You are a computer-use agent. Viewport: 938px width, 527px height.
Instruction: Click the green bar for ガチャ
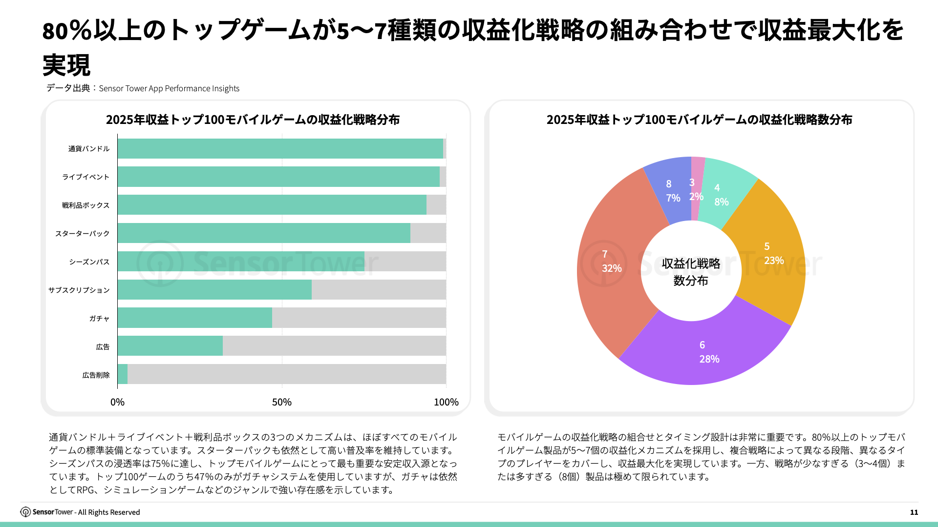tap(194, 318)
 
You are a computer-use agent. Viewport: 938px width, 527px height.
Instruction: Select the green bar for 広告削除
tap(123, 374)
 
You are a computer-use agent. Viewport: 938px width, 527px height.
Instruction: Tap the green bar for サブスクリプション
tap(214, 289)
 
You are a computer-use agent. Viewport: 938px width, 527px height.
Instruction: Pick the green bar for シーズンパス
tap(241, 261)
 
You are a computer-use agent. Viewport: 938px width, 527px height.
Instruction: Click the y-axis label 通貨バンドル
tap(89, 149)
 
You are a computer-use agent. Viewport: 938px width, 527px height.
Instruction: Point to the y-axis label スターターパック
tap(82, 234)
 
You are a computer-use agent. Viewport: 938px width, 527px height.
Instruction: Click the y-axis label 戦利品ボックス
tap(85, 205)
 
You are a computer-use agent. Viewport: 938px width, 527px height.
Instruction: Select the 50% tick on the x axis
tap(282, 402)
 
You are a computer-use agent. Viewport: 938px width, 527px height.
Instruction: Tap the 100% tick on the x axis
tap(446, 402)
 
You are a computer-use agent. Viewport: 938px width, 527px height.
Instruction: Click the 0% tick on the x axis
tap(117, 402)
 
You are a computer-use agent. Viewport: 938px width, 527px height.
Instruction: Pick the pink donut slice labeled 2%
tap(697, 190)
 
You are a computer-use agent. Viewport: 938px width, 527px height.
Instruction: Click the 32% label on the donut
tap(612, 268)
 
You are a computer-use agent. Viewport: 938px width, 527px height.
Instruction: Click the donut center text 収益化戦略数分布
tap(691, 272)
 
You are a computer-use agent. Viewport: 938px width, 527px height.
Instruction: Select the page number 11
tap(914, 512)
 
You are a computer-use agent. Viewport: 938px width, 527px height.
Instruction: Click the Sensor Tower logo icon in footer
tap(25, 512)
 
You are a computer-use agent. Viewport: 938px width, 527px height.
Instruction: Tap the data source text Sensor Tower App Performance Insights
tap(169, 88)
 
